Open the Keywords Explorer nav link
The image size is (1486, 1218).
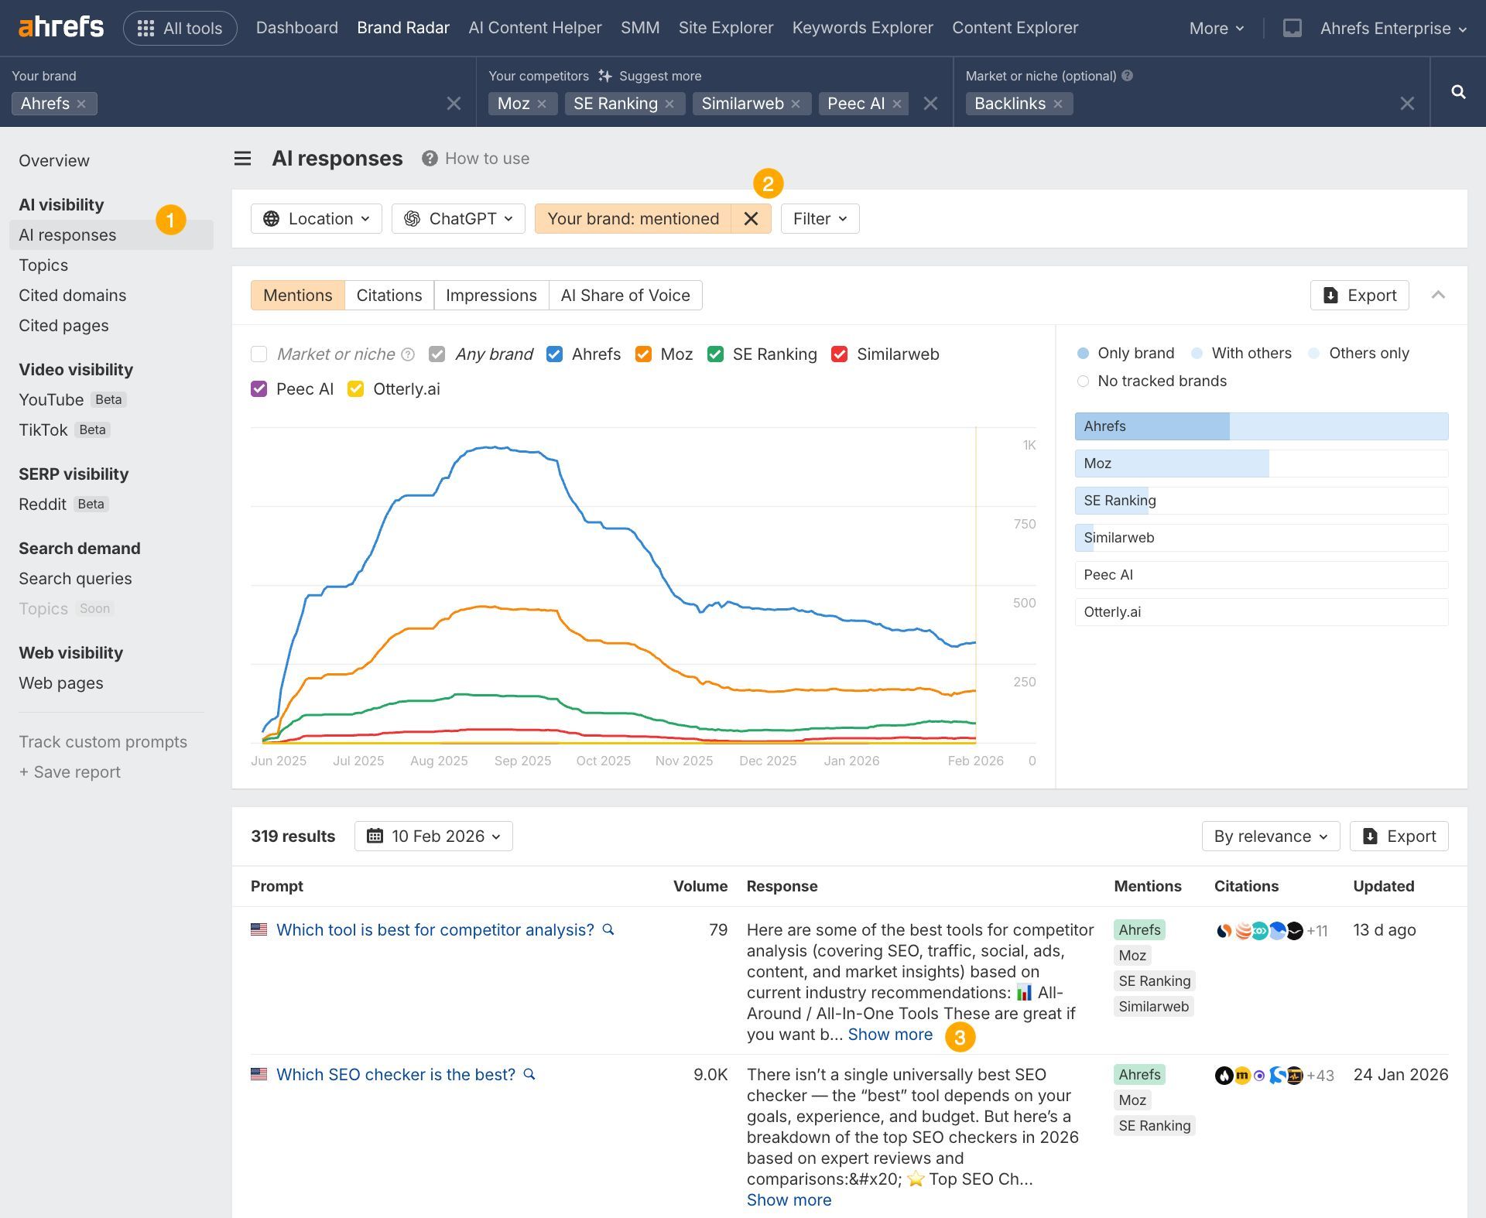(x=862, y=28)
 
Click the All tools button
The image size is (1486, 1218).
(x=180, y=29)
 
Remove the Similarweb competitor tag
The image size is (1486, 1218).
(x=796, y=104)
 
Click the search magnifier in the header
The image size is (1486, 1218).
(x=1458, y=92)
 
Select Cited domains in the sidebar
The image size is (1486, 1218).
(x=72, y=296)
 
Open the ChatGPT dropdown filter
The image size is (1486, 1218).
(x=458, y=219)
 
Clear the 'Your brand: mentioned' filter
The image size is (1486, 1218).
(x=751, y=219)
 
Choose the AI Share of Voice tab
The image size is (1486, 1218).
(x=625, y=296)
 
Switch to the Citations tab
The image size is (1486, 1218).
(x=389, y=296)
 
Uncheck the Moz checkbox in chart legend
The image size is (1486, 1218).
(x=643, y=354)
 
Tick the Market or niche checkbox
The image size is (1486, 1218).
(x=259, y=354)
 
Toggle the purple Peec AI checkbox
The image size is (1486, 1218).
(x=259, y=389)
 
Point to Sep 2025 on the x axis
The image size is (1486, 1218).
(x=522, y=761)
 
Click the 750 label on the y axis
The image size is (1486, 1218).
(x=1024, y=524)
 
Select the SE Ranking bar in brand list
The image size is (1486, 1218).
(x=1261, y=501)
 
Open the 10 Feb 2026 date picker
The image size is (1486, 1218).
(x=433, y=837)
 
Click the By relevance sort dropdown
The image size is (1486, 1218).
(x=1270, y=837)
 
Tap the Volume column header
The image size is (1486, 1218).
(x=700, y=886)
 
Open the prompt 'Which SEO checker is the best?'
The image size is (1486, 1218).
(x=395, y=1075)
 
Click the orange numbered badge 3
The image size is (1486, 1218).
(x=960, y=1037)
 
